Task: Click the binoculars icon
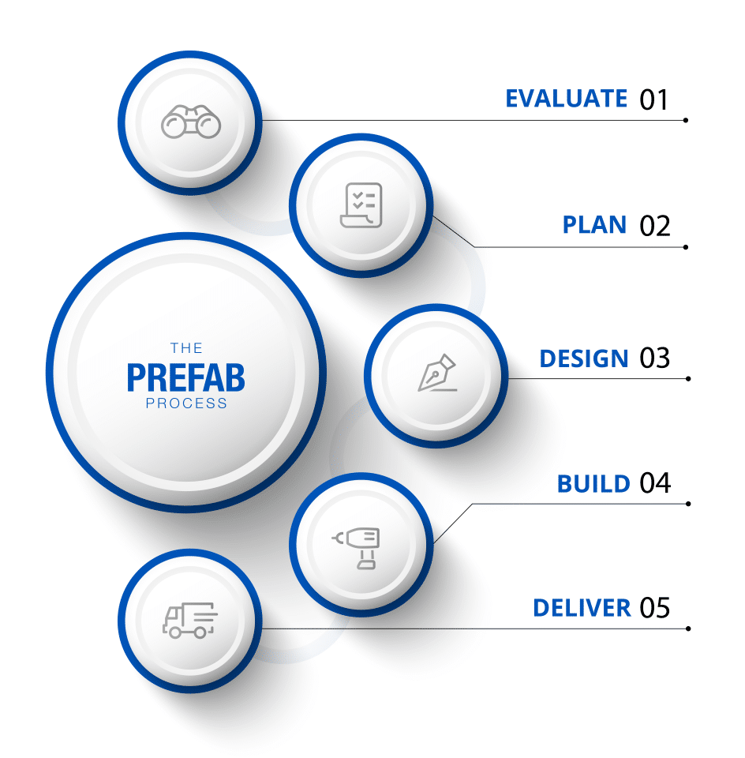191,122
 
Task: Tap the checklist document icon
361,205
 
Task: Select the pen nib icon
437,373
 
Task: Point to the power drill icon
356,548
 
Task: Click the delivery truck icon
190,621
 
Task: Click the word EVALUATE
566,99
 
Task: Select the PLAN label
594,225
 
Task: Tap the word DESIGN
584,358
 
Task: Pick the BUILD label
593,483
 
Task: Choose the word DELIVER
582,608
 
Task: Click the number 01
653,99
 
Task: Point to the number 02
655,226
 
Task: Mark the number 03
655,358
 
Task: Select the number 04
656,483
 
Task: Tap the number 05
655,608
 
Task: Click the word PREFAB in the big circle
186,377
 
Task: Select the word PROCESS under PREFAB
186,403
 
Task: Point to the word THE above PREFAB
186,348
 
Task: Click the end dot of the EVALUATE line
686,120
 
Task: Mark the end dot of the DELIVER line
688,629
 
